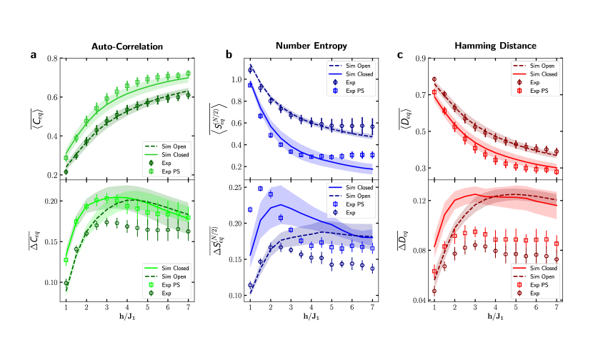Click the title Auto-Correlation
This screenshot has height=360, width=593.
pos(127,46)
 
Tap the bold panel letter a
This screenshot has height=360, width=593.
pos(33,54)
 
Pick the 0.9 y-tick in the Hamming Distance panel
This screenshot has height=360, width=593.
pos(419,58)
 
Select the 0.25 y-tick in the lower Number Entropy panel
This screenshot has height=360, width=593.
pos(233,187)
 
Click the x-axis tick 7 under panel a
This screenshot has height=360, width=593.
pos(189,307)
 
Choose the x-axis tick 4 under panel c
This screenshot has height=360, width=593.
pos(496,307)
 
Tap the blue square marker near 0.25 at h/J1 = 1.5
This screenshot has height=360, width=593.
pos(260,189)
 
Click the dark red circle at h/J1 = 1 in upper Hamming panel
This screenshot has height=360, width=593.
pos(434,80)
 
